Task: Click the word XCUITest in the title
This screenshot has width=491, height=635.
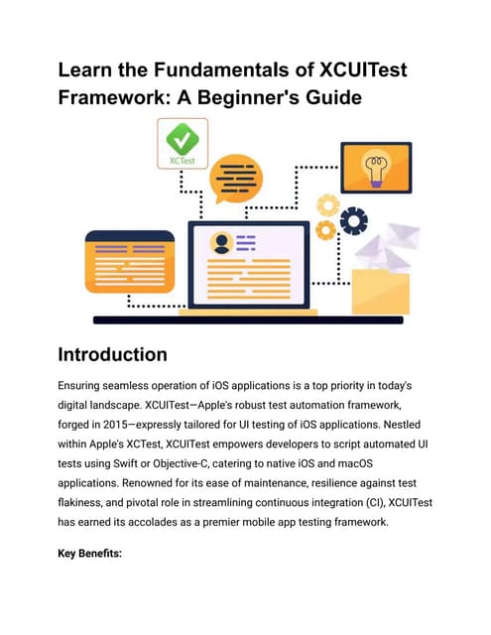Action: pyautogui.click(x=363, y=69)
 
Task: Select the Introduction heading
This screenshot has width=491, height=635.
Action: pyautogui.click(x=112, y=354)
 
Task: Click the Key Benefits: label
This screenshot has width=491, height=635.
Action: pyautogui.click(x=90, y=554)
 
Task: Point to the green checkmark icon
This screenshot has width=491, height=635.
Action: pyautogui.click(x=183, y=139)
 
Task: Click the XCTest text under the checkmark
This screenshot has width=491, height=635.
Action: pyautogui.click(x=183, y=161)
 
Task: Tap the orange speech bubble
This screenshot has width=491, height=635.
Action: pyautogui.click(x=236, y=179)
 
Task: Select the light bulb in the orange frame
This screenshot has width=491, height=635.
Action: pyautogui.click(x=377, y=168)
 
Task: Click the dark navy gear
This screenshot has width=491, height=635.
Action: pyautogui.click(x=354, y=221)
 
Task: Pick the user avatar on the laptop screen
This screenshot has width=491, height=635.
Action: pyautogui.click(x=221, y=243)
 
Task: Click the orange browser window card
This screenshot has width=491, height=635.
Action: pyautogui.click(x=130, y=262)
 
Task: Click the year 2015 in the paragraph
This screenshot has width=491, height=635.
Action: pyautogui.click(x=115, y=425)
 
